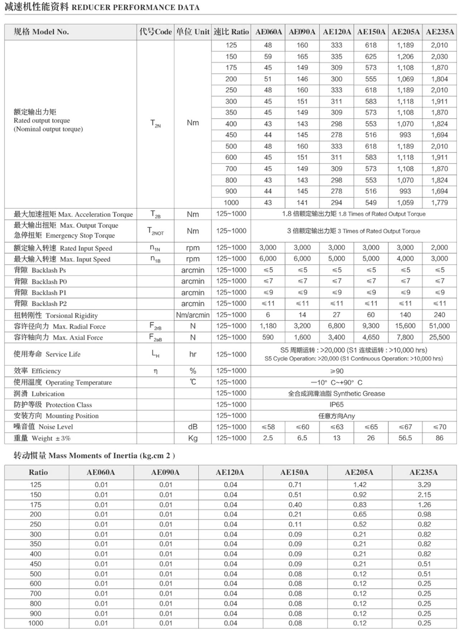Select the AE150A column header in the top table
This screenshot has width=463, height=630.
pyautogui.click(x=371, y=32)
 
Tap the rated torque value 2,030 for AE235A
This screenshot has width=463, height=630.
pyautogui.click(x=439, y=56)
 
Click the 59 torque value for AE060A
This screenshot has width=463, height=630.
pyautogui.click(x=268, y=56)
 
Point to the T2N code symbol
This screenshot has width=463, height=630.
pyautogui.click(x=155, y=123)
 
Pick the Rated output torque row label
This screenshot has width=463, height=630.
pyautogui.click(x=42, y=120)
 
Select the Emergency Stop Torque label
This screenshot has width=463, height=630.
pyautogui.click(x=64, y=236)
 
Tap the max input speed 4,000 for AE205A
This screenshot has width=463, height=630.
pyautogui.click(x=405, y=259)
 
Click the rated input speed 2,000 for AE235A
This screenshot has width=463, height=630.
pyautogui.click(x=439, y=248)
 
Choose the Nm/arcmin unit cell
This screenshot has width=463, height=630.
pyautogui.click(x=193, y=315)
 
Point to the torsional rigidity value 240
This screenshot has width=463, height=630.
pyautogui.click(x=439, y=315)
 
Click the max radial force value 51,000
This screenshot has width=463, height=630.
pyautogui.click(x=439, y=326)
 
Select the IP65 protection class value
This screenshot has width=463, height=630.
pyautogui.click(x=336, y=405)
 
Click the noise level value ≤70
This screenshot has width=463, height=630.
pyautogui.click(x=439, y=427)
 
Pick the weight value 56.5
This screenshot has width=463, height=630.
pyautogui.click(x=405, y=438)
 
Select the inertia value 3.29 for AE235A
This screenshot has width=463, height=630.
pyautogui.click(x=424, y=485)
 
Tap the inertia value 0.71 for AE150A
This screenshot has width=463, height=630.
pyautogui.click(x=295, y=485)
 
